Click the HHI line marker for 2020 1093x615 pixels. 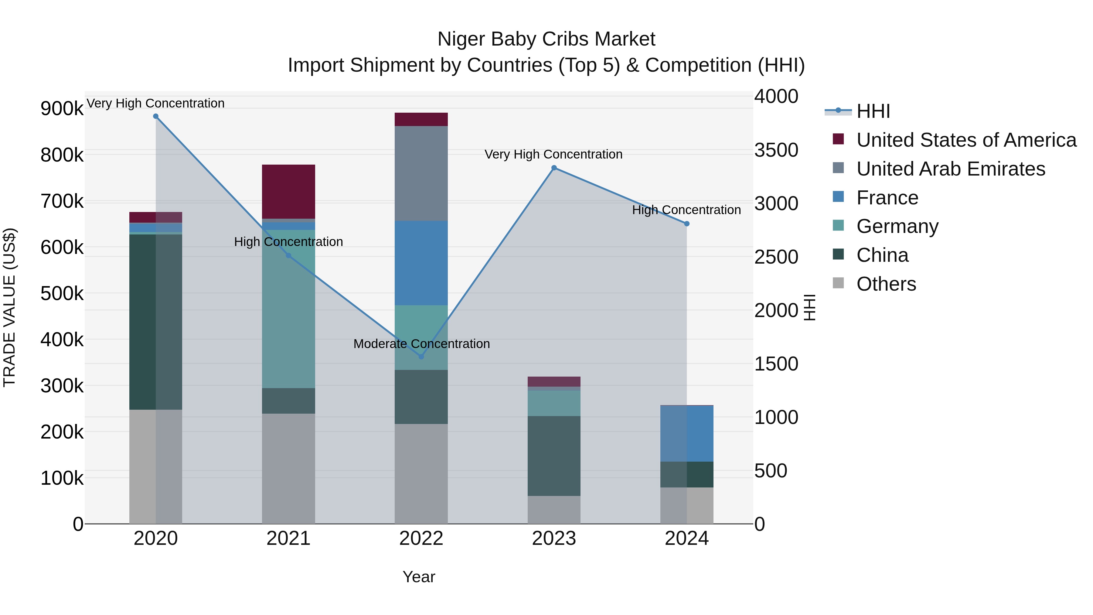pos(156,116)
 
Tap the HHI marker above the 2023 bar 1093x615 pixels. pos(554,168)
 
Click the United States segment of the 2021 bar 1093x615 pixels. pos(288,191)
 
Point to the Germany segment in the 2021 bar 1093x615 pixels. pos(288,309)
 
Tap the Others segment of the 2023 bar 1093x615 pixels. pos(554,509)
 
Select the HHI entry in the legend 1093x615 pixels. pos(873,111)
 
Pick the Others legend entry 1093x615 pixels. pos(886,284)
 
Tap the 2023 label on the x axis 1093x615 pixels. pos(554,538)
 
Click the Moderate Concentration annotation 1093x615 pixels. pos(421,344)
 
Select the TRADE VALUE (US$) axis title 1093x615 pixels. pos(9,307)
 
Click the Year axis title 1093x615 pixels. pos(419,577)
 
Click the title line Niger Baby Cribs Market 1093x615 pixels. pos(546,39)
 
